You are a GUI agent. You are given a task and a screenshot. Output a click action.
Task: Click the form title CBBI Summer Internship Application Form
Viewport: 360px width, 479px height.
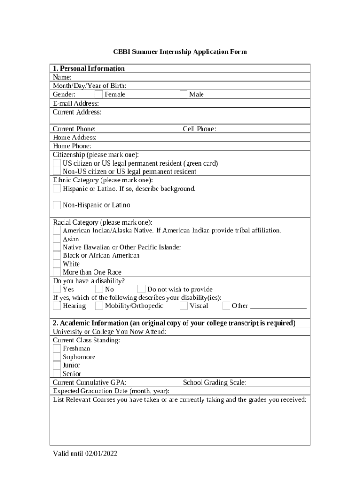[180, 51]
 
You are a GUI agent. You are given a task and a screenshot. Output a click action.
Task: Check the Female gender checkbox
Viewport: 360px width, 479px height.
[99, 94]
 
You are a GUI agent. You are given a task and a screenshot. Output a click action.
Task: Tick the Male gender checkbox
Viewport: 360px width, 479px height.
[184, 94]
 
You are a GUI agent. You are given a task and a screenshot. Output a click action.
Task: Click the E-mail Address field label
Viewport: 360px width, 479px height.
[76, 103]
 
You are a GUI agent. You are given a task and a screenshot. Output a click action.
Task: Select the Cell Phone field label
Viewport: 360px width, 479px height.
[199, 129]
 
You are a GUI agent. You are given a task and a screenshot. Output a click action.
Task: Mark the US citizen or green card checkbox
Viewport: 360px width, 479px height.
[57, 163]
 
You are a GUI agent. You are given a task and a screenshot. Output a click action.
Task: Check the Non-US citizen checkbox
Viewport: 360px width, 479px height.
[57, 171]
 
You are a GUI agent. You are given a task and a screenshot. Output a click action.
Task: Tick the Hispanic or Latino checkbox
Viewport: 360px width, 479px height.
[57, 189]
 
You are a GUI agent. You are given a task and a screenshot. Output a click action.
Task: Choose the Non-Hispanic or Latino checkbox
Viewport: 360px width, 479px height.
[57, 205]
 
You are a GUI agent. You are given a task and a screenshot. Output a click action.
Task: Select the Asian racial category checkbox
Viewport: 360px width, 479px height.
[57, 239]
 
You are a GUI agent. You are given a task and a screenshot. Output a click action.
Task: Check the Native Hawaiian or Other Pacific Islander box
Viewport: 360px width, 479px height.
[57, 247]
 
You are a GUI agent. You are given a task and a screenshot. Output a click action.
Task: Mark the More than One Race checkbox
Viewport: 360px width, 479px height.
[57, 272]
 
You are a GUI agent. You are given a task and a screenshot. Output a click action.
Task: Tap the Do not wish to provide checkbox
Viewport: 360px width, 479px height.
[141, 289]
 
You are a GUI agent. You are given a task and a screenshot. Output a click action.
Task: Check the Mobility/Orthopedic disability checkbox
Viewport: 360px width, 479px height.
[99, 306]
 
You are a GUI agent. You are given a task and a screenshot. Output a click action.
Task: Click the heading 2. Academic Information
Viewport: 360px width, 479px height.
[174, 323]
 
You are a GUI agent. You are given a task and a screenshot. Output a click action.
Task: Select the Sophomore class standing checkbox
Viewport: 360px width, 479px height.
[57, 357]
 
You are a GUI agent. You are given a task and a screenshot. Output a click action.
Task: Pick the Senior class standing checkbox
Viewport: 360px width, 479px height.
[57, 373]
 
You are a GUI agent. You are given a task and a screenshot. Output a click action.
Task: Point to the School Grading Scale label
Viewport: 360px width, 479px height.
[215, 382]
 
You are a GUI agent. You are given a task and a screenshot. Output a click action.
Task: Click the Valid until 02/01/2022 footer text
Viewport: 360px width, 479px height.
[85, 453]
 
